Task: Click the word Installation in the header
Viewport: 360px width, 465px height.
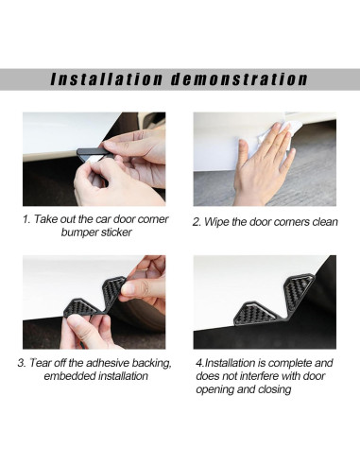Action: click(107, 79)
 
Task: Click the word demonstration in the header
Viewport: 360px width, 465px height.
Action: click(239, 79)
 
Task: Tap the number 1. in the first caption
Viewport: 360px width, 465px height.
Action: click(26, 219)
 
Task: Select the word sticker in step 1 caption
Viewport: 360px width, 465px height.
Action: click(116, 232)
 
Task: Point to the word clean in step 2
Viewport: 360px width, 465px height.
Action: click(325, 222)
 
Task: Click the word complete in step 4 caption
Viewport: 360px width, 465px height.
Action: click(289, 363)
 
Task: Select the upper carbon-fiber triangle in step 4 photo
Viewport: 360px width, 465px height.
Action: click(298, 289)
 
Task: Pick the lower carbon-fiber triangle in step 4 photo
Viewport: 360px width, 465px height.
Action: click(255, 313)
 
